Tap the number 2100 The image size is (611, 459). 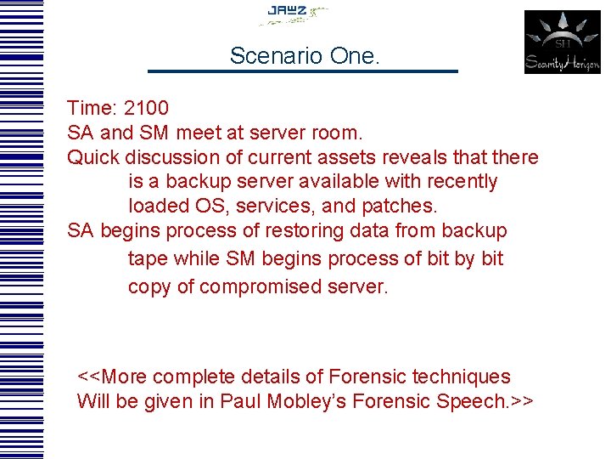tap(146, 109)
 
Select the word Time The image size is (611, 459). tap(91, 109)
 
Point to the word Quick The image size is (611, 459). tap(92, 158)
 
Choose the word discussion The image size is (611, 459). tap(171, 158)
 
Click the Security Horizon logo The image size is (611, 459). tap(562, 42)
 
